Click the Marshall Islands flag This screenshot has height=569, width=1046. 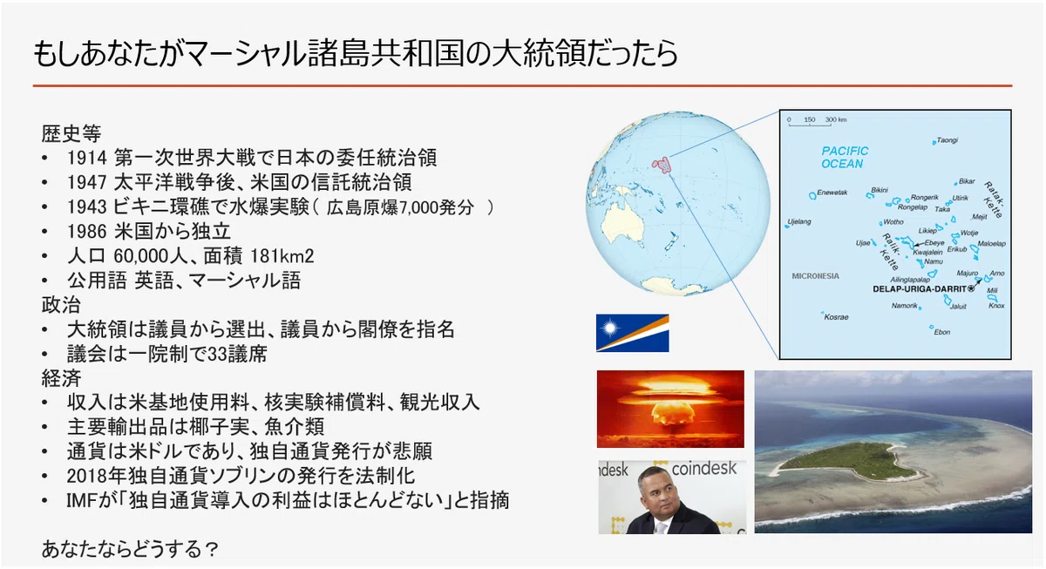(632, 333)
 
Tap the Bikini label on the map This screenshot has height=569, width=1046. (880, 190)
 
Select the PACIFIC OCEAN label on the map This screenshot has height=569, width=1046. (845, 158)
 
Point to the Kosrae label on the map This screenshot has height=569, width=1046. (836, 317)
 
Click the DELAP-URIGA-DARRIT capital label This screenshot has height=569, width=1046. (919, 289)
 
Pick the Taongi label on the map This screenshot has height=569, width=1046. (947, 140)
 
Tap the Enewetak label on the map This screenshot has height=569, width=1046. (832, 193)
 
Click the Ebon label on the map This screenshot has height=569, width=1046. (942, 332)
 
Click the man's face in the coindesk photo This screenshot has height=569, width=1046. (657, 491)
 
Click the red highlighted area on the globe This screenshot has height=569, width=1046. (662, 166)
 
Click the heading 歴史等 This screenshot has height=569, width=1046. (71, 133)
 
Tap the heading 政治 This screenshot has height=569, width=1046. (61, 305)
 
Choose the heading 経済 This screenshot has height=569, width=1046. (61, 378)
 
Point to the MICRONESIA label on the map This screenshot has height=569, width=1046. (815, 276)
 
